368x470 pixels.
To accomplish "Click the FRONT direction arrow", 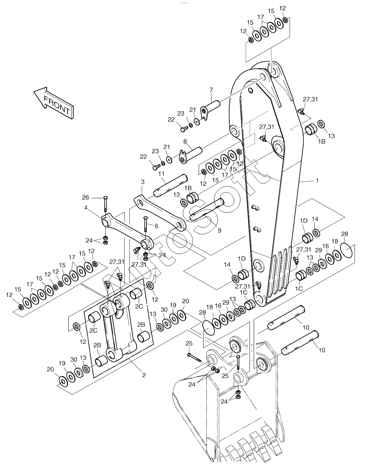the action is point(54,102).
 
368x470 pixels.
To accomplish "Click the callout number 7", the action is point(211,89).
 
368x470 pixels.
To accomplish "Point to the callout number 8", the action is point(185,142).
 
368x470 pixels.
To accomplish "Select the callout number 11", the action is point(161,174).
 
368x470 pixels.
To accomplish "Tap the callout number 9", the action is point(220,231).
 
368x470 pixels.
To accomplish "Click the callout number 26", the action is point(86,197).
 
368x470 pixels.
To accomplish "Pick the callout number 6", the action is point(156,226).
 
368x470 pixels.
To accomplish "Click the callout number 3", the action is point(143,182).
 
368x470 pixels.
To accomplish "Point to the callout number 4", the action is point(86,208).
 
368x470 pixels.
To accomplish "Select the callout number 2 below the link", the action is point(144,375).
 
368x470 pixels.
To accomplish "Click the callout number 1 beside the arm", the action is point(317,181).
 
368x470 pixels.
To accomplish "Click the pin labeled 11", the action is point(170,186).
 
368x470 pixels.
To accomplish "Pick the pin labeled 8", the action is point(190,155).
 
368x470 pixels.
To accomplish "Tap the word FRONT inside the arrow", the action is point(57,105).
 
